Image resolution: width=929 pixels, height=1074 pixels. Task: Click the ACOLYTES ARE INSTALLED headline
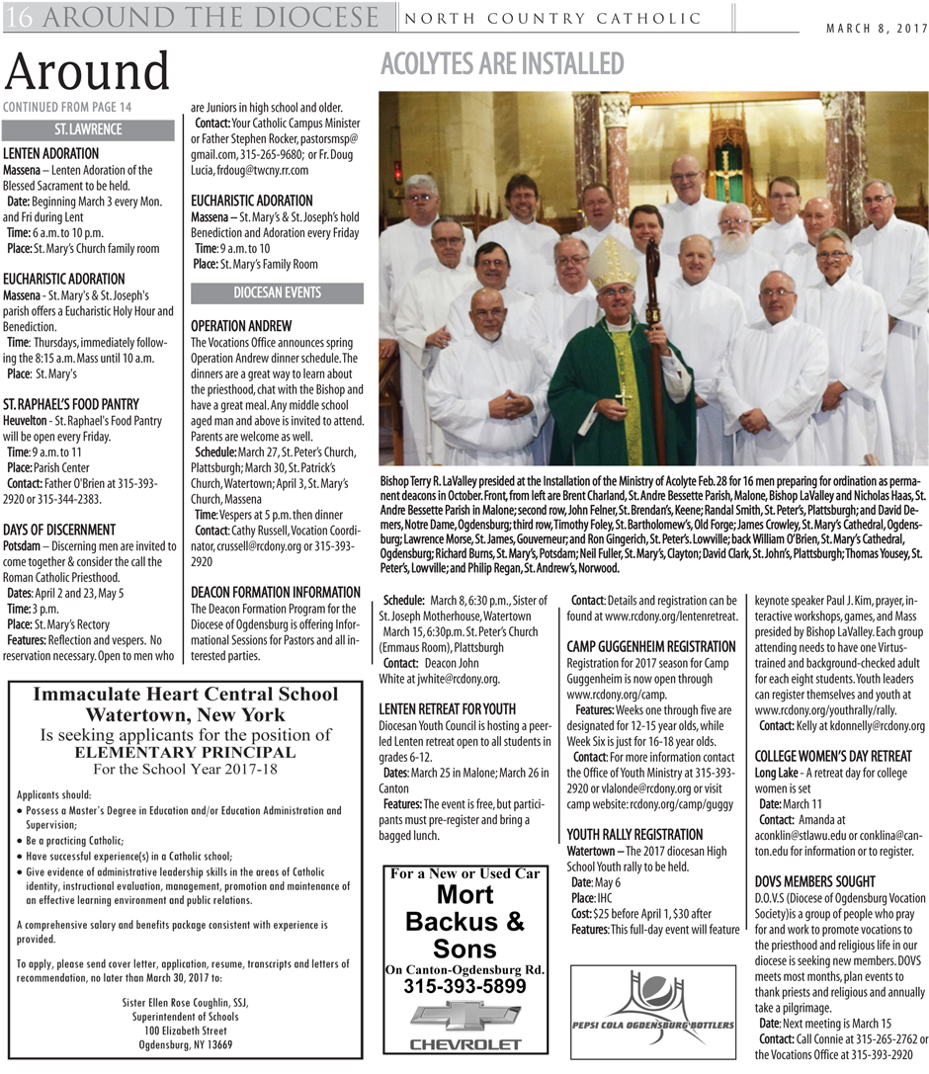click(x=501, y=65)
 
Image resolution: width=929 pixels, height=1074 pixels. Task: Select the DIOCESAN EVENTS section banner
click(x=276, y=293)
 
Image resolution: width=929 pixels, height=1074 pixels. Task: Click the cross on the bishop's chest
click(x=623, y=398)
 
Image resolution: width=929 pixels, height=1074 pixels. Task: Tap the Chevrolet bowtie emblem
click(x=464, y=1017)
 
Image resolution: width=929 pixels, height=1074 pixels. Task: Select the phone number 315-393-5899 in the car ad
click(x=464, y=986)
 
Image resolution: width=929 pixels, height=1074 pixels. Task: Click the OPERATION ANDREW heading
click(x=240, y=326)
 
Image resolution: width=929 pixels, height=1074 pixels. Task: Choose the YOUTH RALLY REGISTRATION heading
click(x=634, y=834)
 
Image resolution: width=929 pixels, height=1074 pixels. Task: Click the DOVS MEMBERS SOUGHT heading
click(x=814, y=881)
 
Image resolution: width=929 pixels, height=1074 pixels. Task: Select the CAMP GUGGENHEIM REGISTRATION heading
click(x=650, y=646)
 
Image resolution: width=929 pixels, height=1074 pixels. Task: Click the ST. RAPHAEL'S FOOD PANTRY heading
click(x=71, y=404)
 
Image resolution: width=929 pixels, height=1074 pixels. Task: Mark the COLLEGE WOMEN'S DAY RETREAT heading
click(x=832, y=756)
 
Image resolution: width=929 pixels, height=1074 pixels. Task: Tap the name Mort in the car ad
click(x=464, y=895)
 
